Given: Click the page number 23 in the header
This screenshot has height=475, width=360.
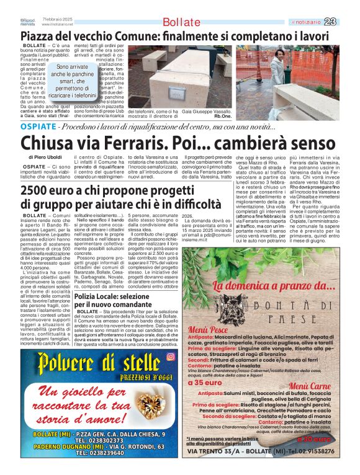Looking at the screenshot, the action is click(x=348, y=22).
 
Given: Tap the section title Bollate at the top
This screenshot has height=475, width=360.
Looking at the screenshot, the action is click(x=181, y=22).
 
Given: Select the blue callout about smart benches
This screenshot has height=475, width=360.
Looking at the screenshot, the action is click(x=73, y=81).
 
